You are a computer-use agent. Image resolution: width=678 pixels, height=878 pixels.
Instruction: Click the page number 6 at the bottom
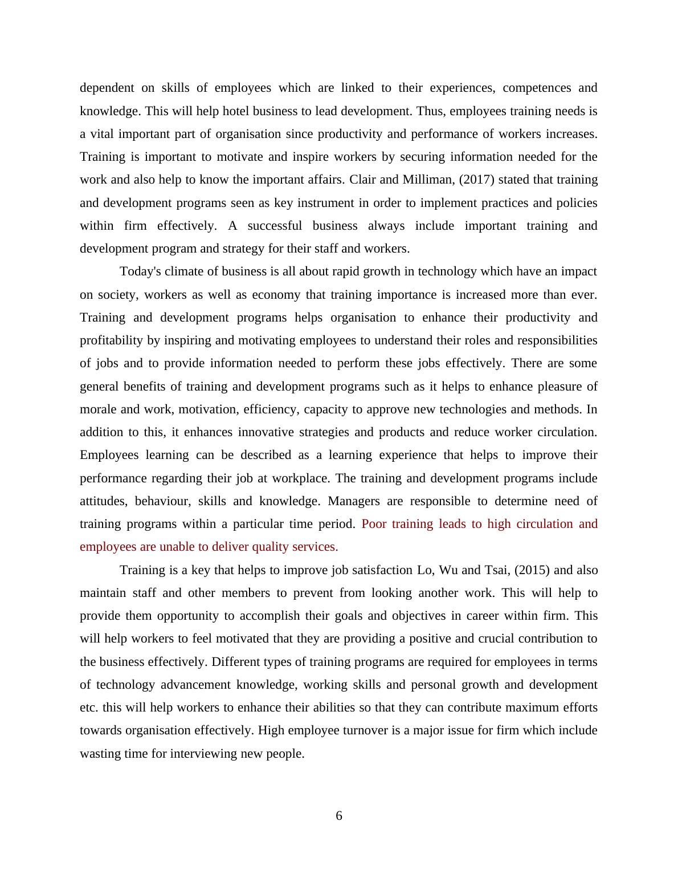(339, 816)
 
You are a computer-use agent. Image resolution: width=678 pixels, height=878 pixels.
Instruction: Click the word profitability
(111, 340)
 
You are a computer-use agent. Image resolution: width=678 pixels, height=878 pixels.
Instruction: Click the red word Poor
(374, 524)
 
